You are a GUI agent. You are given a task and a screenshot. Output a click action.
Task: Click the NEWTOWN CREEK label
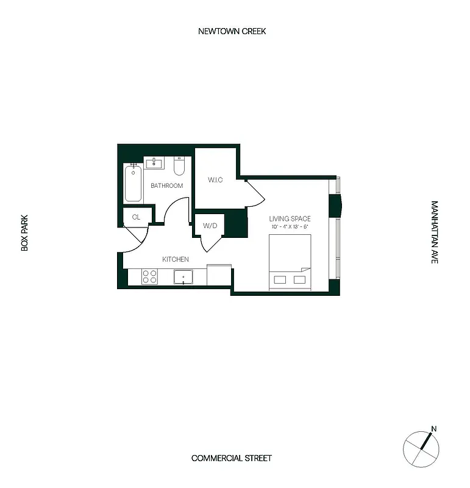232,31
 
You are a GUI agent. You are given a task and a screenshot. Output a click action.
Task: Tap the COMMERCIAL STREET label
231,458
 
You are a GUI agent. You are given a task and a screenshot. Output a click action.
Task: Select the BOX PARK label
25,232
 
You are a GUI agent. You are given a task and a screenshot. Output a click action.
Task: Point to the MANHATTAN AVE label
435,232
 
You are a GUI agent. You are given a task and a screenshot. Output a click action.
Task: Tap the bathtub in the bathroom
133,183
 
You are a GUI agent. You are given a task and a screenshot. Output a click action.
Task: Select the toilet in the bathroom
179,165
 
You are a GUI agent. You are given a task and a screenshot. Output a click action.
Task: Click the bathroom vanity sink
155,163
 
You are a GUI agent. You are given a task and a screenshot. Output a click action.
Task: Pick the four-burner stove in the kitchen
149,276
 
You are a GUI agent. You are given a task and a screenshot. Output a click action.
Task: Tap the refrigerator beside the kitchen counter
219,274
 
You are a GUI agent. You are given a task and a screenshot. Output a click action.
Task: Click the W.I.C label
215,179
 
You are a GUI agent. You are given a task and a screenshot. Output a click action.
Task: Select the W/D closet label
209,226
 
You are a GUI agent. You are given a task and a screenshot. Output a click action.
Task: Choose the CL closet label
136,217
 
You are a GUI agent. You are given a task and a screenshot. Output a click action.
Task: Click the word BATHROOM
166,185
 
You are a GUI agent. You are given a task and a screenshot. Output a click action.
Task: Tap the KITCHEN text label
175,259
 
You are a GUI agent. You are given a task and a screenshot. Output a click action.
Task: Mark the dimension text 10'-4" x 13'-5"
290,227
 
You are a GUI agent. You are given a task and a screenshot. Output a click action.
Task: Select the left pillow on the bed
280,279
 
